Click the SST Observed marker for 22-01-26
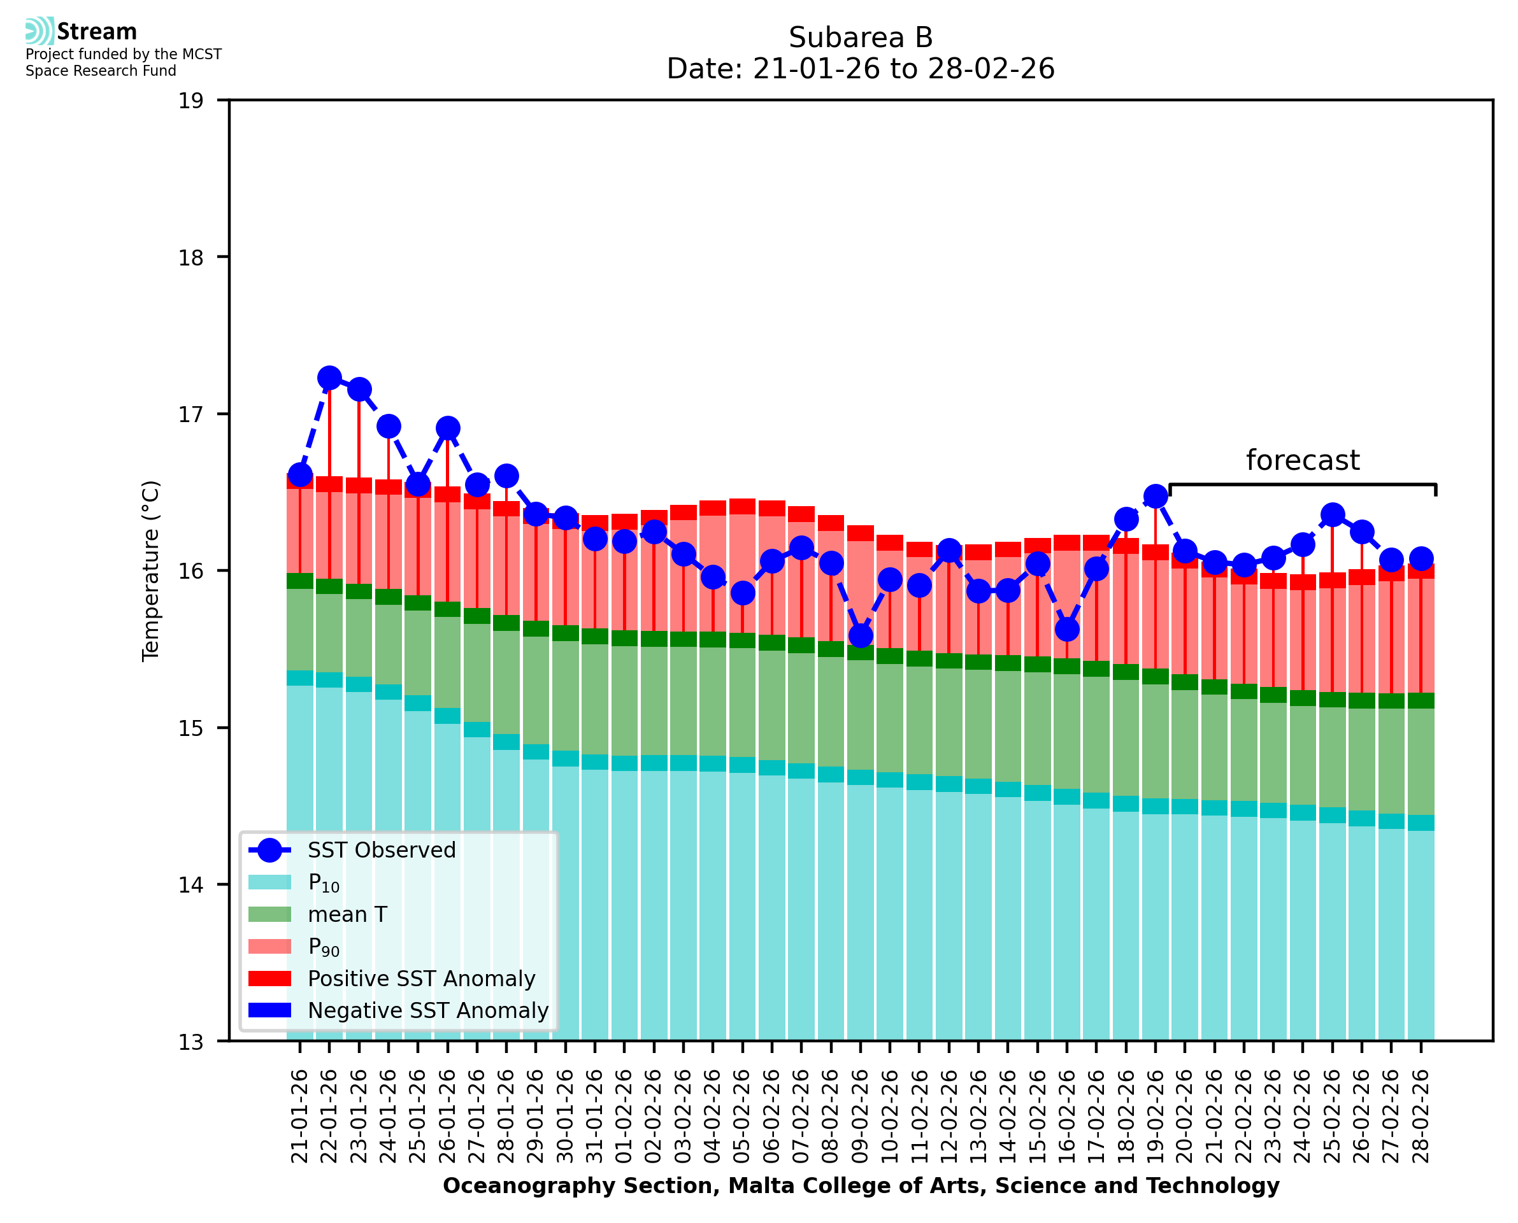pyautogui.click(x=329, y=378)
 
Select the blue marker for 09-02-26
pyautogui.click(x=861, y=636)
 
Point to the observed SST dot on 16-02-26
pyautogui.click(x=1067, y=628)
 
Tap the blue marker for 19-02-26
pyautogui.click(x=1156, y=497)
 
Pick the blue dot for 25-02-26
pyautogui.click(x=1333, y=515)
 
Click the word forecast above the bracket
pyautogui.click(x=1302, y=461)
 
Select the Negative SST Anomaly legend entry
pyautogui.click(x=428, y=1010)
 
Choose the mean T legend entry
pyautogui.click(x=347, y=914)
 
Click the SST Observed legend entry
pyautogui.click(x=382, y=851)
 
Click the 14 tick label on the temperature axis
pyautogui.click(x=190, y=885)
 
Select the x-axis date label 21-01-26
pyautogui.click(x=299, y=1116)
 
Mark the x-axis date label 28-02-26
pyautogui.click(x=1421, y=1116)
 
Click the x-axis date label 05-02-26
pyautogui.click(x=742, y=1116)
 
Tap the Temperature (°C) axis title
pyautogui.click(x=151, y=570)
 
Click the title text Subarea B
pyautogui.click(x=861, y=38)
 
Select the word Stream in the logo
pyautogui.click(x=97, y=32)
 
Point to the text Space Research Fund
pyautogui.click(x=101, y=71)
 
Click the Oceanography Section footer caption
pyautogui.click(x=861, y=1185)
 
